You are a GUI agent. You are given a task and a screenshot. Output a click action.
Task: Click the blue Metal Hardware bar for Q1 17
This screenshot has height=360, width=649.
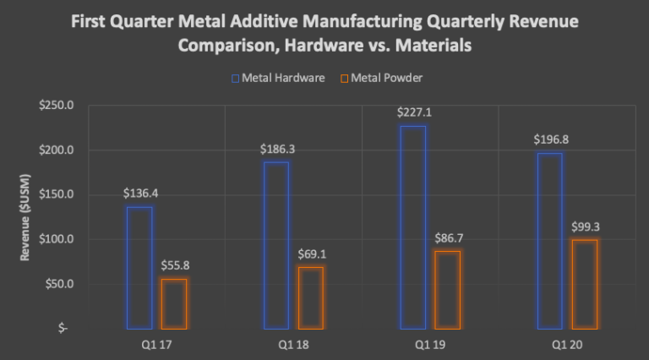(139, 267)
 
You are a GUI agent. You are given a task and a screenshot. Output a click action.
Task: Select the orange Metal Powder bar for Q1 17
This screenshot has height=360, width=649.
(174, 303)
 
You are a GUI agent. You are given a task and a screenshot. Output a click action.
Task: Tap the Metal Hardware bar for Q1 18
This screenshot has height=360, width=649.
(276, 244)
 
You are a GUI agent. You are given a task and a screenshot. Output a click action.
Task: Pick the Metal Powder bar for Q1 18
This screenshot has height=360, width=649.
(311, 297)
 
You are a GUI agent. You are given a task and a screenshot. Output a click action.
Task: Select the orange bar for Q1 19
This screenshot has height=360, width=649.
(448, 289)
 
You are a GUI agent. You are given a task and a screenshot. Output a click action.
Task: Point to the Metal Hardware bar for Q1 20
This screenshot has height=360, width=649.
(550, 240)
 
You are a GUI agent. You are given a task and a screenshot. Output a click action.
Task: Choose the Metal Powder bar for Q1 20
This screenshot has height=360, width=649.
(585, 284)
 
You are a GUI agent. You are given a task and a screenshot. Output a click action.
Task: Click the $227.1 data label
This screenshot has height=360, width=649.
(412, 112)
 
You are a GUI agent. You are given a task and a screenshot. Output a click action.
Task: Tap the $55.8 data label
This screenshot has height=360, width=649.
(174, 265)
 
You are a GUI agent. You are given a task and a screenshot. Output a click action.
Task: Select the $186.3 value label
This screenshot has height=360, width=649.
(276, 149)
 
